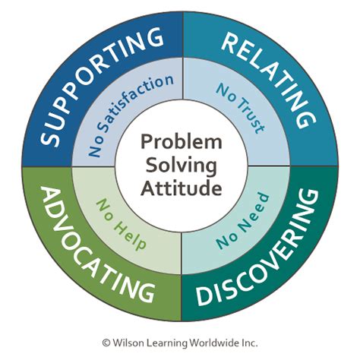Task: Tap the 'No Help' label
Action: (121, 223)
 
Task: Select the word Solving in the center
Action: (180, 164)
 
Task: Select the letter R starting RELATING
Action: (230, 43)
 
